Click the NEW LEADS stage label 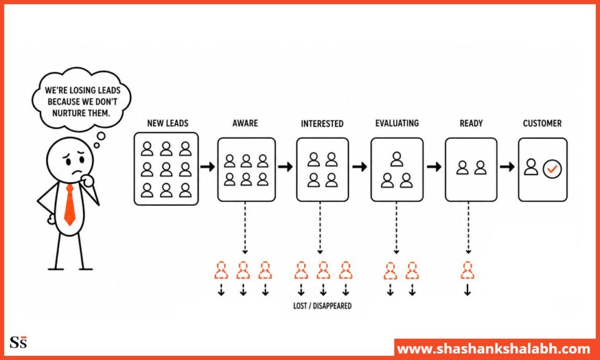click(168, 123)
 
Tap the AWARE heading click(246, 123)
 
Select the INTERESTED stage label click(322, 124)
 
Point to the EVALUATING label click(397, 123)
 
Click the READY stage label click(471, 123)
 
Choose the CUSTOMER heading click(542, 123)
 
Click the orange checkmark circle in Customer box click(552, 168)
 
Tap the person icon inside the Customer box click(531, 167)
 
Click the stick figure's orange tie click(70, 205)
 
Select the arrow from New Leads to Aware click(207, 167)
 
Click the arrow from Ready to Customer click(507, 167)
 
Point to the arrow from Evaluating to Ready click(434, 167)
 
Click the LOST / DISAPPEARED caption click(322, 306)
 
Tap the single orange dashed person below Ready click(467, 270)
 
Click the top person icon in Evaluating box click(397, 159)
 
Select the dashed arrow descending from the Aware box click(246, 227)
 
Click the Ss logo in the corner click(18, 342)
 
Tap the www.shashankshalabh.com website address click(493, 349)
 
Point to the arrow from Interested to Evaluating click(359, 167)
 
